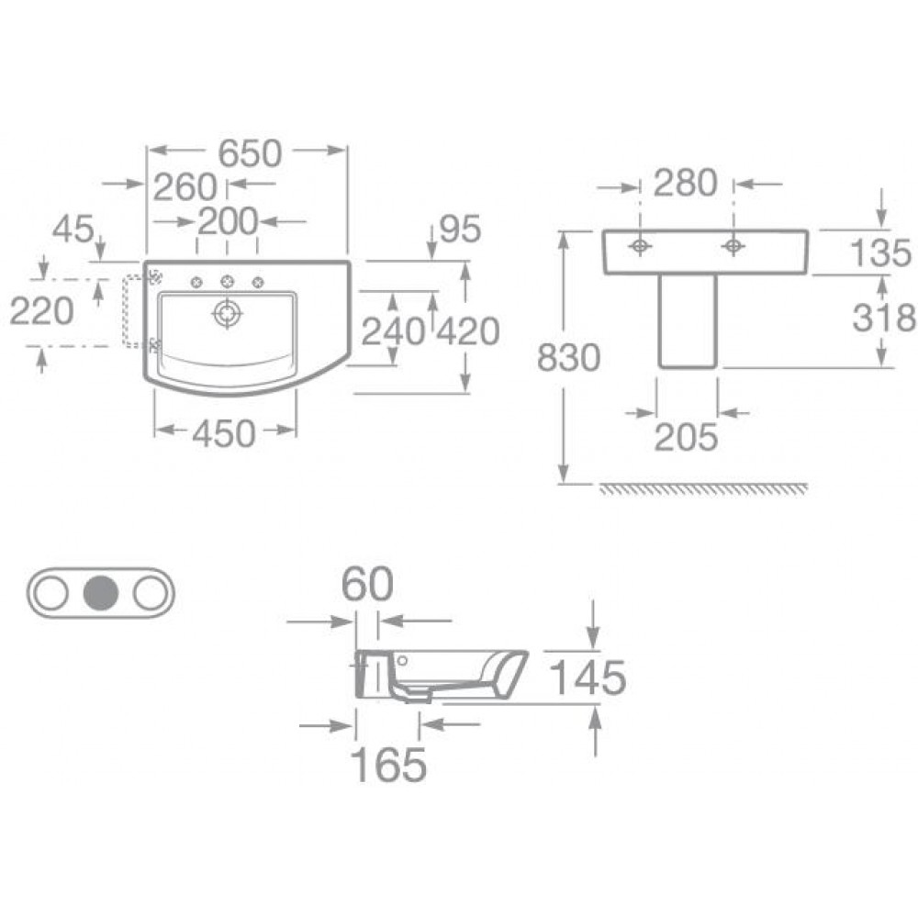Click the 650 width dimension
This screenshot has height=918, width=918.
tap(250, 153)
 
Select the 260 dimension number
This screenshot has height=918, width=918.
tap(185, 187)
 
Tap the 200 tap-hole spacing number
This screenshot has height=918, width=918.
tap(228, 221)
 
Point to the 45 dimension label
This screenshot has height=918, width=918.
tap(73, 229)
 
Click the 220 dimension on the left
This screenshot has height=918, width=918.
tap(41, 310)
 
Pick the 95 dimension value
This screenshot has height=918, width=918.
tap(460, 229)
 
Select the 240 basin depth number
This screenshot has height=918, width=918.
tap(393, 331)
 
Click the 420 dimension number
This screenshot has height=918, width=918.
tap(468, 331)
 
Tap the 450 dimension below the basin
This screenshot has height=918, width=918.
tap(224, 434)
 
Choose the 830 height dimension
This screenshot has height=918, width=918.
tap(568, 358)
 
